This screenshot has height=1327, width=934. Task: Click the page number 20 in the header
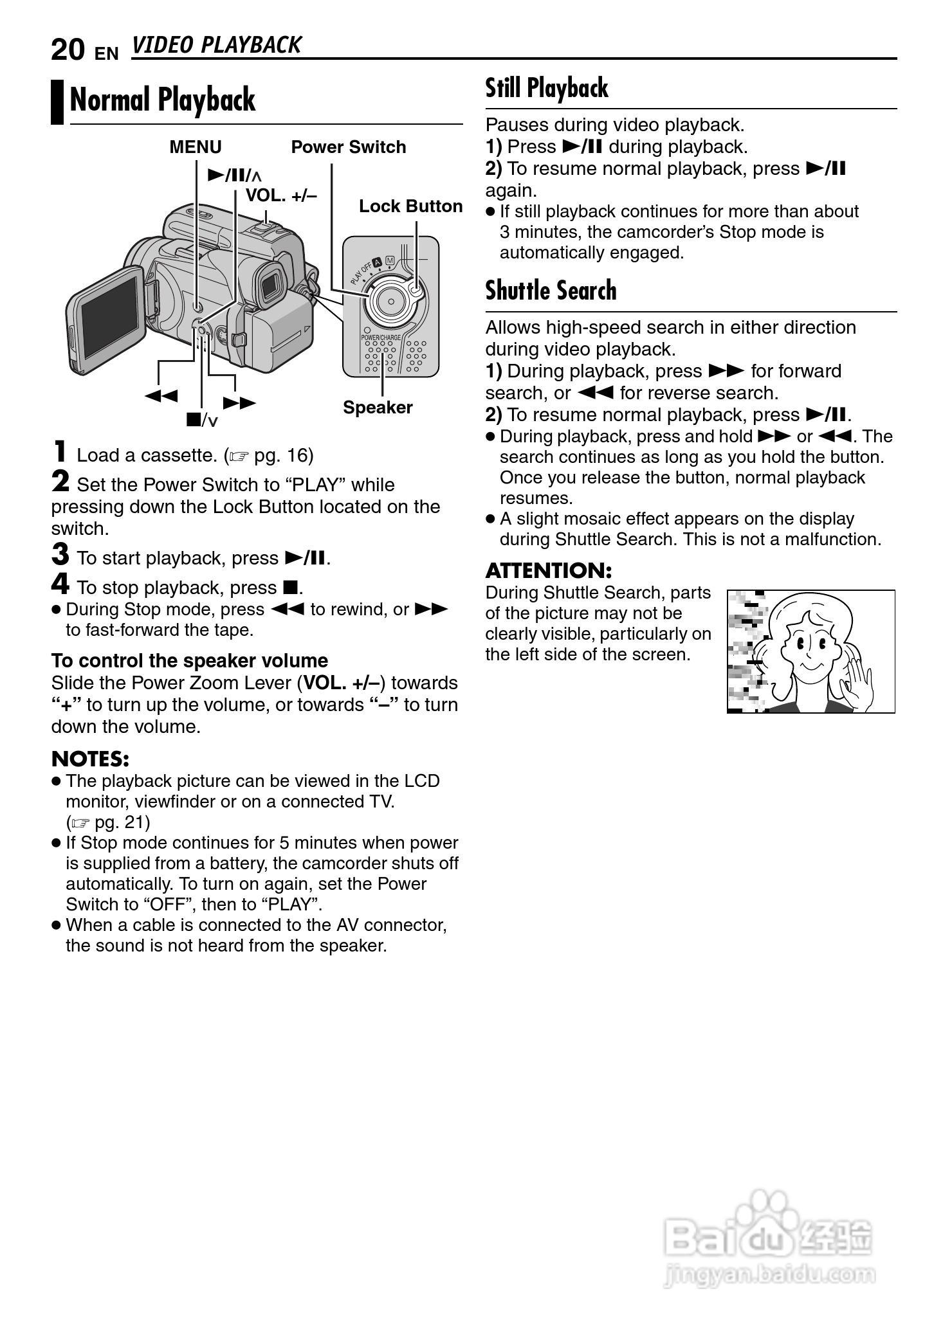point(67,50)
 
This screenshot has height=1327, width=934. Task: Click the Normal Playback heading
point(162,100)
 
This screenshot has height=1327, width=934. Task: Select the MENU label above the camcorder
point(195,147)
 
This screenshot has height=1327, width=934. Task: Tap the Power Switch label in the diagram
point(348,147)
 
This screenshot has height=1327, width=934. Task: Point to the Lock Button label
point(410,206)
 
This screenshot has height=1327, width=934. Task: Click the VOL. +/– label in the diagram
point(281,195)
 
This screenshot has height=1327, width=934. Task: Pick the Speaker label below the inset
point(378,408)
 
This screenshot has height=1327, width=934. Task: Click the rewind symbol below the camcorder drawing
point(161,395)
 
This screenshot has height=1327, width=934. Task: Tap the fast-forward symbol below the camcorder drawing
point(239,403)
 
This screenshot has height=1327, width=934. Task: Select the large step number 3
point(60,554)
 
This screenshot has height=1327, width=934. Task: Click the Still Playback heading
point(546,88)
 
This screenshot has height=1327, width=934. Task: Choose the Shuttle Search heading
point(551,291)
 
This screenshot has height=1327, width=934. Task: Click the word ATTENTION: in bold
point(548,571)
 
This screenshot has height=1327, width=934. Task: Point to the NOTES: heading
point(90,759)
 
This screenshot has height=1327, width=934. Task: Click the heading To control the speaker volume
point(190,661)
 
